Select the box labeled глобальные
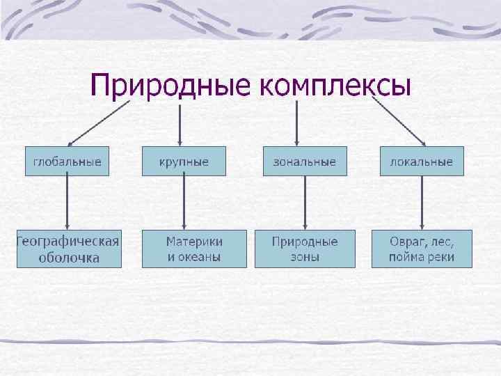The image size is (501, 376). (67, 162)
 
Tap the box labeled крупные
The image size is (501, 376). (184, 162)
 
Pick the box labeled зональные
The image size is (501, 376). (305, 162)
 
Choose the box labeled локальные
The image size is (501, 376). (422, 162)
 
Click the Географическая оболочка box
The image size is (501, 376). (68, 249)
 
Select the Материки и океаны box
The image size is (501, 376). (194, 249)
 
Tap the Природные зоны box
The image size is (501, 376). (305, 249)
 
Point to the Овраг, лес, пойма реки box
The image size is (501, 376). (422, 249)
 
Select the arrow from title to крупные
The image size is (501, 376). (181, 123)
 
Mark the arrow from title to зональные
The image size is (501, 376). (298, 123)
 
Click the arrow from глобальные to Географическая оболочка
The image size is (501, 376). (67, 202)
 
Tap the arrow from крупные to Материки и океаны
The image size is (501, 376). (184, 202)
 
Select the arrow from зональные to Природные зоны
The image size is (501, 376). (305, 202)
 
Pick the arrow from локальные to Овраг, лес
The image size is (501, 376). (422, 202)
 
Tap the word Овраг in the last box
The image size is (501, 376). (407, 242)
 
